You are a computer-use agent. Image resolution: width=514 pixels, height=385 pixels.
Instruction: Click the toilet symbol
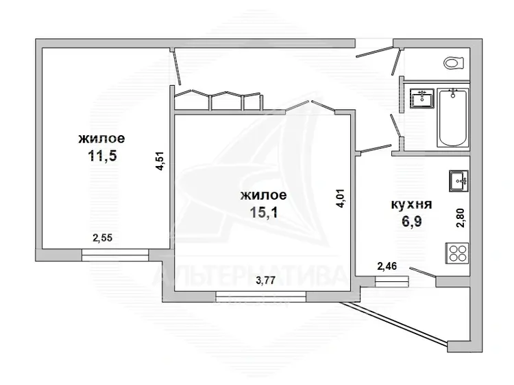(x=454, y=62)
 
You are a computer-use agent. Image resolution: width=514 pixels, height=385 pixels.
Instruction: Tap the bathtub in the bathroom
(x=453, y=118)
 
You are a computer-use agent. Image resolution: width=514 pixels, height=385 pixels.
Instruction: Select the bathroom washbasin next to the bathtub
(x=422, y=98)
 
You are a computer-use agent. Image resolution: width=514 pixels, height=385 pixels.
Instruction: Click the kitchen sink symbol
(x=458, y=181)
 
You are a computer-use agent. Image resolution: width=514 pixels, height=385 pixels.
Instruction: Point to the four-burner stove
(x=457, y=253)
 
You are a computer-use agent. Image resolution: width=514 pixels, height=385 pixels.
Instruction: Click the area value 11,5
(x=102, y=156)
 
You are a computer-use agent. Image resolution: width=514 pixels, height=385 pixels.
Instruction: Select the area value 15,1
(x=264, y=212)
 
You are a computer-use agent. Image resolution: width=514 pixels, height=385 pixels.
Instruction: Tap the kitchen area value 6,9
(x=412, y=222)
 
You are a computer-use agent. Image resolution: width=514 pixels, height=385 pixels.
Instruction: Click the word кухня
(x=412, y=205)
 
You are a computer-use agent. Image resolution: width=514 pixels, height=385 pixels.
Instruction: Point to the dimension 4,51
(x=160, y=161)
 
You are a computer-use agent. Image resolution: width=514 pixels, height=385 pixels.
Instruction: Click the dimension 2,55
(x=102, y=237)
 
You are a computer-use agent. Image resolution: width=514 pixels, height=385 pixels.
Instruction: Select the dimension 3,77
(x=265, y=280)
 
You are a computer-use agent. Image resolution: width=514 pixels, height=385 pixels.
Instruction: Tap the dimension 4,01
(x=340, y=198)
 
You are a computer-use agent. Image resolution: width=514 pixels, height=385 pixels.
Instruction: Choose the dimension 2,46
(x=387, y=266)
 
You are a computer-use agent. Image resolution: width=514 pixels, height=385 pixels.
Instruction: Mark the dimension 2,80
(x=461, y=218)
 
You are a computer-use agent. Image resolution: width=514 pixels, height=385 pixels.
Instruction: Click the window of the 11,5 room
(x=115, y=255)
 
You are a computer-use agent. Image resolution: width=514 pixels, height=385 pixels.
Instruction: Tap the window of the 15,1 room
(x=261, y=296)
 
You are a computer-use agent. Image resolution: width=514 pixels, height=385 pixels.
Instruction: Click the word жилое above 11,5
(x=101, y=139)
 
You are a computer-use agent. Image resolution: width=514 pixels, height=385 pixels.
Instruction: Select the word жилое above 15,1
(x=264, y=196)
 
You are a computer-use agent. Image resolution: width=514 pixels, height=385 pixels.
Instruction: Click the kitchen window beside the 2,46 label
(x=392, y=281)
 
